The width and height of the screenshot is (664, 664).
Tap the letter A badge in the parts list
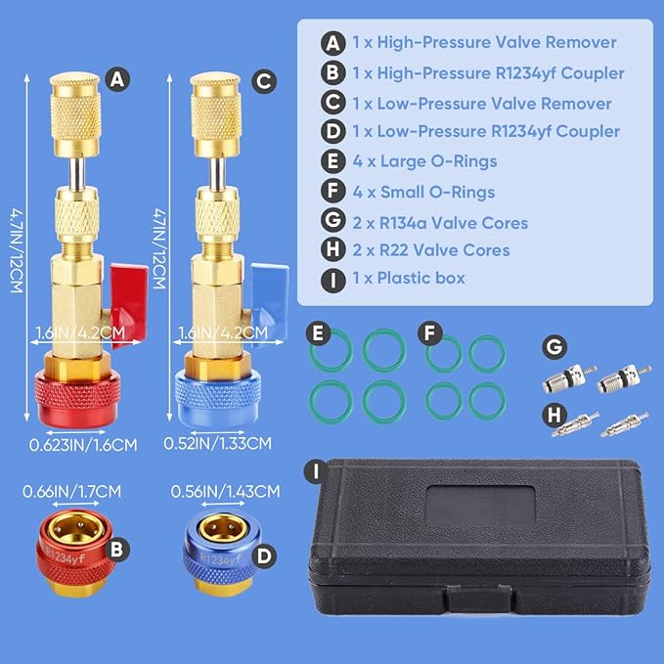[x=332, y=43]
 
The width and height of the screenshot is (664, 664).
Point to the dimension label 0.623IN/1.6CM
[x=82, y=444]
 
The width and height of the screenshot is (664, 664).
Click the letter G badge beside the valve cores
[x=553, y=345]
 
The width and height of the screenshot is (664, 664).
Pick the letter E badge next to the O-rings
[x=317, y=333]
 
